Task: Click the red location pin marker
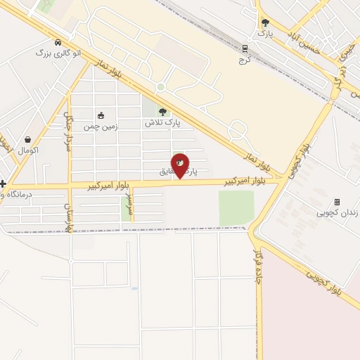point(180,165)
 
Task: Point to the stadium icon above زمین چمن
point(101,116)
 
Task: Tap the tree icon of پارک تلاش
point(163,111)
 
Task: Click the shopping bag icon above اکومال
point(27,140)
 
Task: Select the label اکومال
point(29,150)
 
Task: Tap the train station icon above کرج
point(245,49)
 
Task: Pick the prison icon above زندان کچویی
point(337,202)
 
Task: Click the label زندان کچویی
point(337,212)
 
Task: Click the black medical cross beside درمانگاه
point(3,184)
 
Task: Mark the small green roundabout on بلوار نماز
point(160,86)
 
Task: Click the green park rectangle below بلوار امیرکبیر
point(236,207)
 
